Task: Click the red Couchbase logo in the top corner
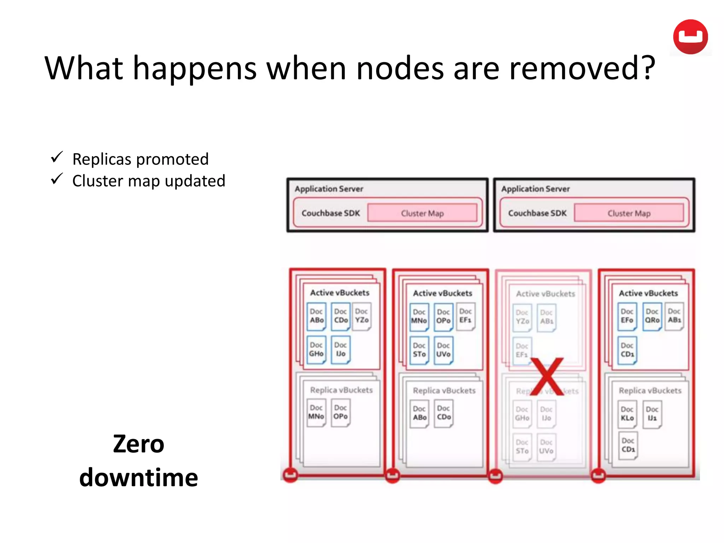(x=690, y=37)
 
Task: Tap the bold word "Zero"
(x=139, y=444)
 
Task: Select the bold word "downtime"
(x=139, y=478)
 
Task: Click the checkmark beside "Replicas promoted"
(x=57, y=157)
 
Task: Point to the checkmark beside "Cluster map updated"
(x=57, y=179)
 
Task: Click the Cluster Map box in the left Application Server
(x=422, y=213)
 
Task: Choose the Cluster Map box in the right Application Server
(x=629, y=213)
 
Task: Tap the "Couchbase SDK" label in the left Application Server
(x=331, y=213)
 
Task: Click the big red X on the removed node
(x=547, y=376)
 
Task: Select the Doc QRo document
(x=652, y=316)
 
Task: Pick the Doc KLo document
(x=627, y=414)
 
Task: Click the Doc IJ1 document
(x=652, y=414)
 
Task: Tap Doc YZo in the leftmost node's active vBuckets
(x=362, y=316)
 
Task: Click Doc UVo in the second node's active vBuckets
(x=443, y=350)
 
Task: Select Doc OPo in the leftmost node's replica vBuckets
(x=340, y=412)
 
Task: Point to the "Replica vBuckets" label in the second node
(x=444, y=391)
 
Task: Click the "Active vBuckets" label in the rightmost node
(x=648, y=293)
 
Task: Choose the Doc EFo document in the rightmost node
(x=627, y=316)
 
